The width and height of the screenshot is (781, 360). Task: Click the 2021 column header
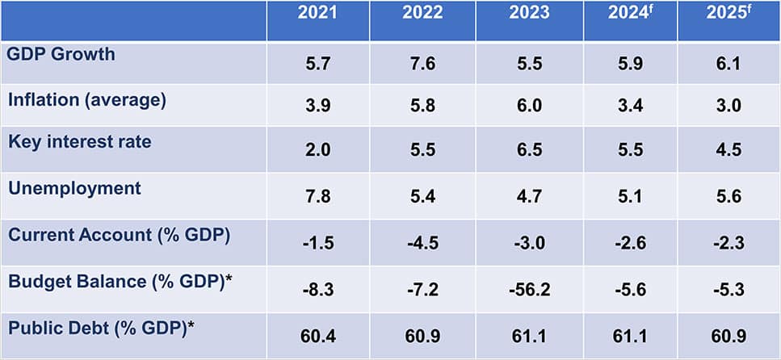click(317, 14)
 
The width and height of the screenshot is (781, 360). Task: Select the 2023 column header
click(529, 14)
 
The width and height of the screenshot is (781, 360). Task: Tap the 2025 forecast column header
click(728, 14)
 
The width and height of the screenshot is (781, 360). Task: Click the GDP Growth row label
click(61, 55)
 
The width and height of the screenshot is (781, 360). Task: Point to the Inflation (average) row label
click(86, 100)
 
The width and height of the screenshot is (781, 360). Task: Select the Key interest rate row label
click(79, 142)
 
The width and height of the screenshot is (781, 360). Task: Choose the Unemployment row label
click(74, 189)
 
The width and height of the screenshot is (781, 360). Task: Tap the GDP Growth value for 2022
click(422, 65)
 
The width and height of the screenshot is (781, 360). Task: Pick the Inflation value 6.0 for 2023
click(529, 108)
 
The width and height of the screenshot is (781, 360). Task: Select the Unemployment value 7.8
click(317, 197)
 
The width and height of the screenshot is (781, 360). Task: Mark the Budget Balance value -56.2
click(529, 288)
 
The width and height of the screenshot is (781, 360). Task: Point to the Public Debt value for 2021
click(317, 335)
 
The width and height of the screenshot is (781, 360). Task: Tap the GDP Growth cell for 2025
click(728, 65)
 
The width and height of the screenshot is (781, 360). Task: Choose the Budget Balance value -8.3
click(317, 288)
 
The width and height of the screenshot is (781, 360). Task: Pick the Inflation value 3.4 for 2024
click(630, 108)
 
